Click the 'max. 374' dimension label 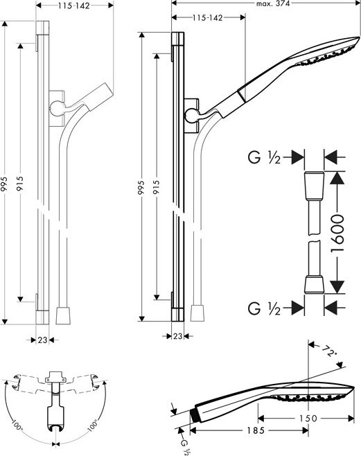273,3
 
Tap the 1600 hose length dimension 337,233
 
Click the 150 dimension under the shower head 308,419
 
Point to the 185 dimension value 256,430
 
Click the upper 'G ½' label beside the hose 264,158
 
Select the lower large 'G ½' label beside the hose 264,308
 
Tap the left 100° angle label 17,426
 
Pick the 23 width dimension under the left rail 42,340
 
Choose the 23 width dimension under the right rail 177,336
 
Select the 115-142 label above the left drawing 73,6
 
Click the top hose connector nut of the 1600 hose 314,186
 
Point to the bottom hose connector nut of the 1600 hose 314,284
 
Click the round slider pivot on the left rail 57,109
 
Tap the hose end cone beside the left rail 63,315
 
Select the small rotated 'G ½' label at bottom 186,447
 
